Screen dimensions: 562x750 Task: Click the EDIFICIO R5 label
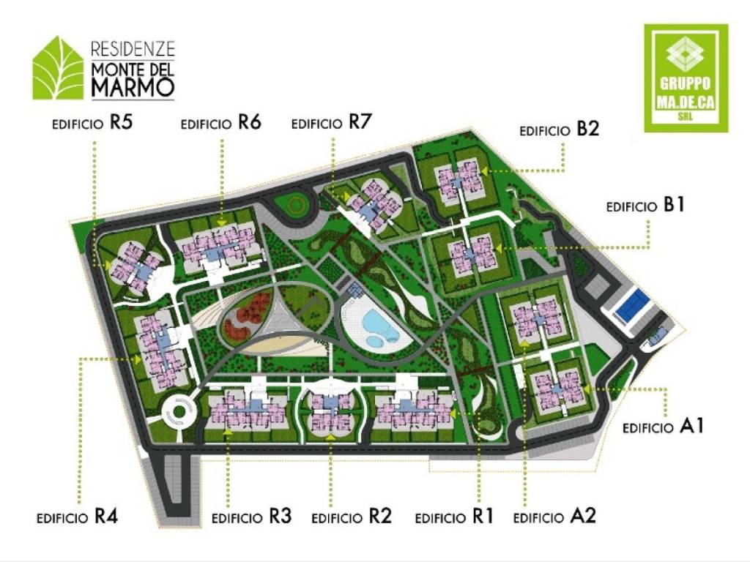pyautogui.click(x=92, y=123)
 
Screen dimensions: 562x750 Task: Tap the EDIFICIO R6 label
pyautogui.click(x=221, y=123)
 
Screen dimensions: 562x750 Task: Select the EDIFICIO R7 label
pyautogui.click(x=332, y=123)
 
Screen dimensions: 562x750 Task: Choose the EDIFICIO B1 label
pyautogui.click(x=645, y=206)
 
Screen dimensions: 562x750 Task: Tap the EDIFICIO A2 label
pyautogui.click(x=554, y=517)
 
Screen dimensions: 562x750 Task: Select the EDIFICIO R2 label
pyautogui.click(x=352, y=517)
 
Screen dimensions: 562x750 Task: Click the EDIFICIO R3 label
pyautogui.click(x=251, y=517)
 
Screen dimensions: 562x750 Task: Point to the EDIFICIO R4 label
pyautogui.click(x=77, y=517)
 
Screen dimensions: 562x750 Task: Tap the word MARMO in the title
pyautogui.click(x=133, y=88)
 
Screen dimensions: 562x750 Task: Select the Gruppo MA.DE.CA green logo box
pyautogui.click(x=686, y=78)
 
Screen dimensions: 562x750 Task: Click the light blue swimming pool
pyautogui.click(x=379, y=326)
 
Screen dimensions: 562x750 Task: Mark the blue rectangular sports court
pyautogui.click(x=632, y=306)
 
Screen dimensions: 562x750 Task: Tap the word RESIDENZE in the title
pyautogui.click(x=133, y=50)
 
